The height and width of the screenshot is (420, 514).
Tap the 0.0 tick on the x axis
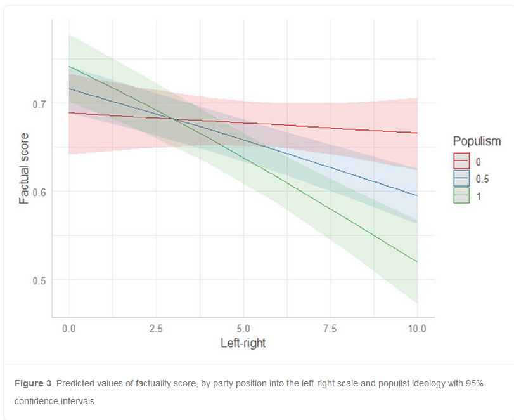(69, 329)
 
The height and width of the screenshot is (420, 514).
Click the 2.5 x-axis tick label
(156, 329)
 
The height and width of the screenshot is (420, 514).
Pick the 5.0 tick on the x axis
(243, 329)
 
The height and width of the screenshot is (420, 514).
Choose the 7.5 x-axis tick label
(330, 329)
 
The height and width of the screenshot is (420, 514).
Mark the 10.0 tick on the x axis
(416, 329)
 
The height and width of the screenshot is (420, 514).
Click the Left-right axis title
(243, 344)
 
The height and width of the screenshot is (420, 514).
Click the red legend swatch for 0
(461, 161)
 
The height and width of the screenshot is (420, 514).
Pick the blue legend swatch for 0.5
(461, 178)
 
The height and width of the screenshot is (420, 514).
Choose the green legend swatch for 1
(461, 196)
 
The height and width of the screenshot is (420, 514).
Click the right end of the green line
(417, 261)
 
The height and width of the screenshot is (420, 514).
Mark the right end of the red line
(417, 133)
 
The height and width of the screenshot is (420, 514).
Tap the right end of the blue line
(417, 195)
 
